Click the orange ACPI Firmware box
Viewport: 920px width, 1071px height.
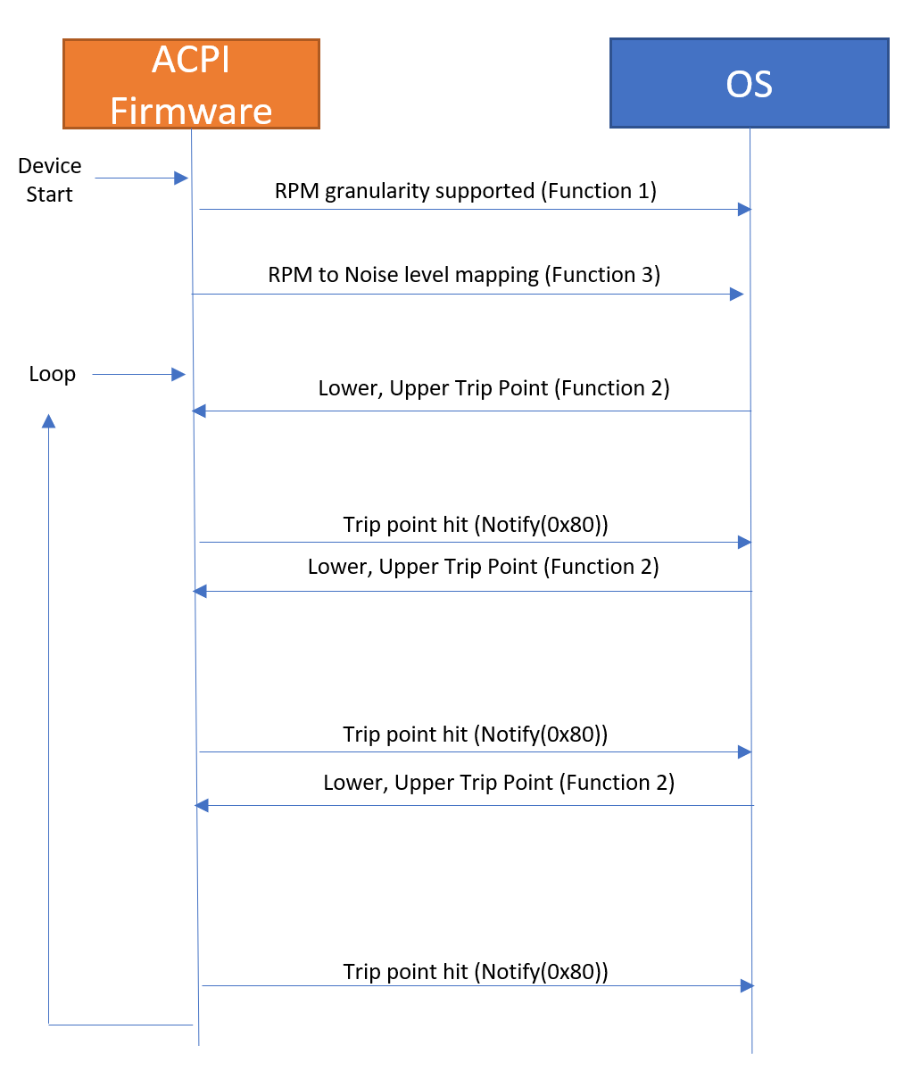[191, 84]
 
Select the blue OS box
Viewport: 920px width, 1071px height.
[749, 83]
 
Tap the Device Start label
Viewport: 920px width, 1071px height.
[49, 179]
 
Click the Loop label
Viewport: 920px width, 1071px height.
[52, 374]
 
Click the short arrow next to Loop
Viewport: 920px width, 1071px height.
[138, 374]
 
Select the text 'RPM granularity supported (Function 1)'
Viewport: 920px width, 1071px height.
[465, 191]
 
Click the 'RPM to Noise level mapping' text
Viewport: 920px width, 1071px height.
[407, 275]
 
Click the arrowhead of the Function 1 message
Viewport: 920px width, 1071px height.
[743, 209]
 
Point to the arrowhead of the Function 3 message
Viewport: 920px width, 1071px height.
[736, 294]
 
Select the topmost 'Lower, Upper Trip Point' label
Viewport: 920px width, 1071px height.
[493, 388]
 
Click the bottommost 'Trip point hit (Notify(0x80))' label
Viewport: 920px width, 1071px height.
[476, 971]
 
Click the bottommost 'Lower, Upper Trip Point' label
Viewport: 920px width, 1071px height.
[499, 783]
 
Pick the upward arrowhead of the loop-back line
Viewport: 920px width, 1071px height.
[49, 420]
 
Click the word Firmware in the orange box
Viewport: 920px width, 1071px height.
[191, 111]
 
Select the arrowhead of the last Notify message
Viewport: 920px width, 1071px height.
[747, 985]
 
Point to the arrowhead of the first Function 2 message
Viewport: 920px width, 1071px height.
[199, 411]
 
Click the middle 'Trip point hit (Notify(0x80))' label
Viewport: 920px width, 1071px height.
[476, 735]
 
